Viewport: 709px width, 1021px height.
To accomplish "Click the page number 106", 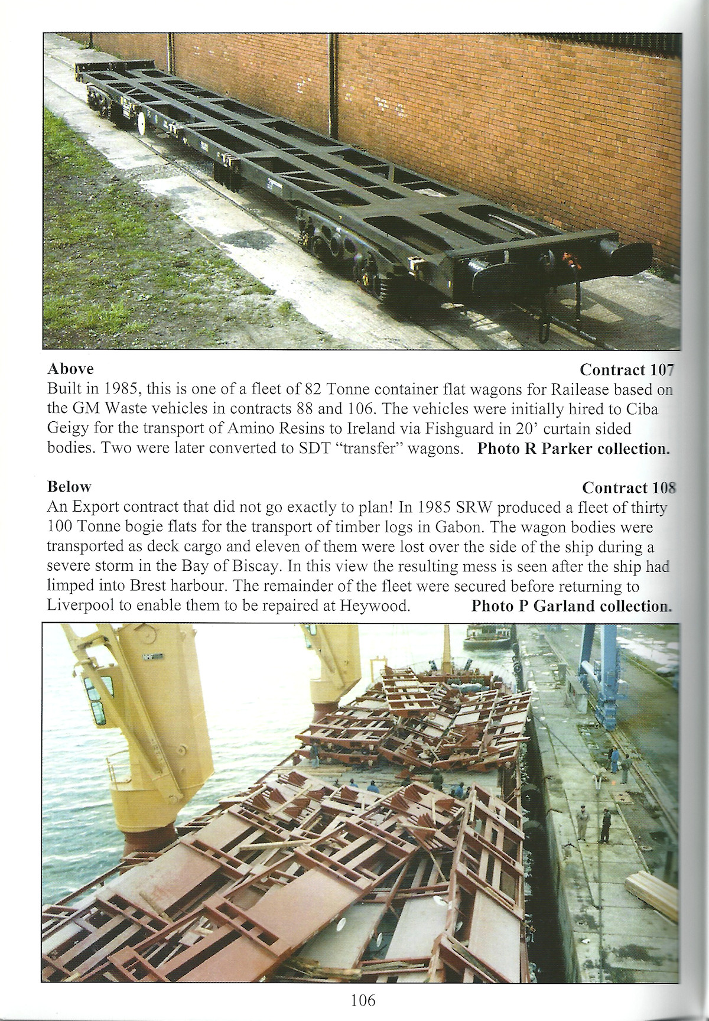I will coord(363,1000).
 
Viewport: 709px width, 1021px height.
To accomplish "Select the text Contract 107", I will coord(626,370).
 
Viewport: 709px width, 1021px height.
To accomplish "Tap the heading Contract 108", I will coord(628,487).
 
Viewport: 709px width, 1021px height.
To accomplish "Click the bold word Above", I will coord(70,369).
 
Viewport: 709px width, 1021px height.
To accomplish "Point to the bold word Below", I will coord(69,487).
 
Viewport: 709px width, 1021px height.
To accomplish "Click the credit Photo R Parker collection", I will coord(573,448).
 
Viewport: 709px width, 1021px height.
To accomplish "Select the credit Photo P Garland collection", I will coord(571,606).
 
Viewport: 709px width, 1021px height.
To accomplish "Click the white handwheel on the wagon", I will coord(142,124).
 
